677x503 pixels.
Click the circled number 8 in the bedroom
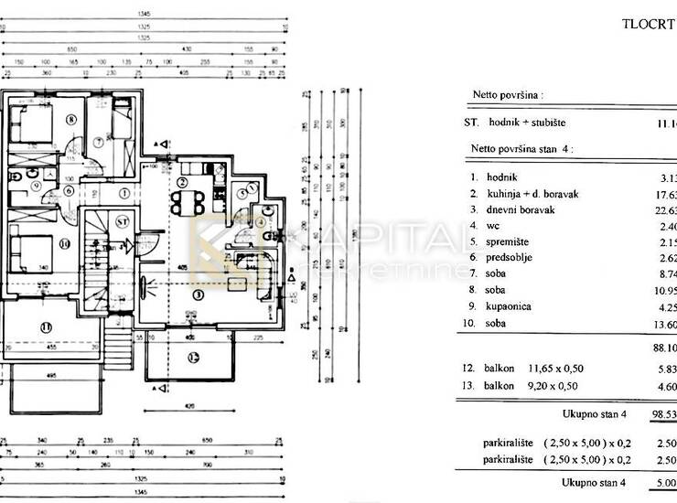click(70, 118)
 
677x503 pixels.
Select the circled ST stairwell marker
click(122, 221)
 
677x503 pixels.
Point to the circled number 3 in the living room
click(198, 295)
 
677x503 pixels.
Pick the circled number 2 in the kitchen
click(185, 182)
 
